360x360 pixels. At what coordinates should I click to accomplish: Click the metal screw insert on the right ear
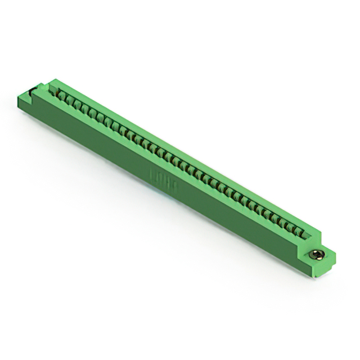point(316,255)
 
